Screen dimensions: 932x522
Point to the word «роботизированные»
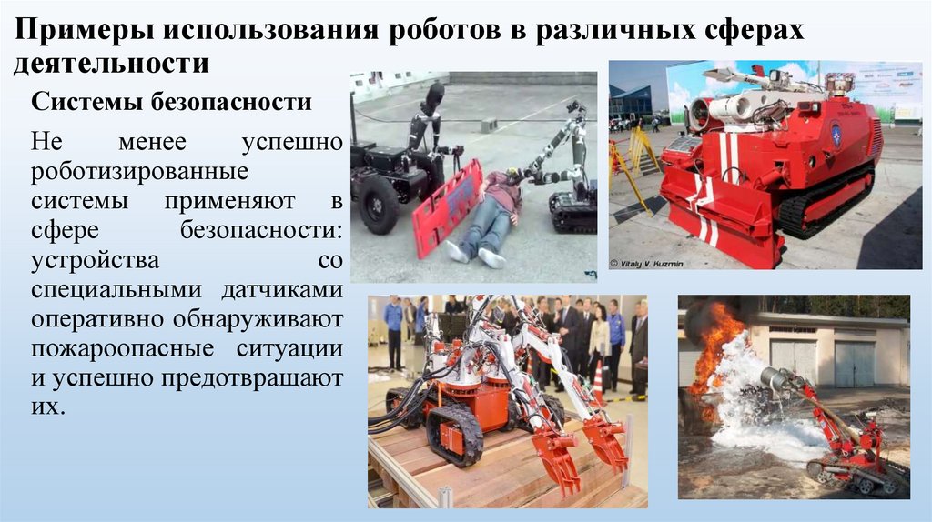[x=139, y=172]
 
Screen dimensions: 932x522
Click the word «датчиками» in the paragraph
[x=282, y=290]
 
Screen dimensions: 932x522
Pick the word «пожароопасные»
[x=123, y=348]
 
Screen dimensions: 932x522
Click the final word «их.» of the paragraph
[x=47, y=407]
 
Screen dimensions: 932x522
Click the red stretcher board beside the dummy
[x=447, y=208]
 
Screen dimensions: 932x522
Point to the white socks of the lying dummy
[x=474, y=254]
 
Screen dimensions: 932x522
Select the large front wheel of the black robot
[x=378, y=205]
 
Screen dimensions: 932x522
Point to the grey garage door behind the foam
[x=855, y=364]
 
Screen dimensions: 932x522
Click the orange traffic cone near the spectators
[x=598, y=383]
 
